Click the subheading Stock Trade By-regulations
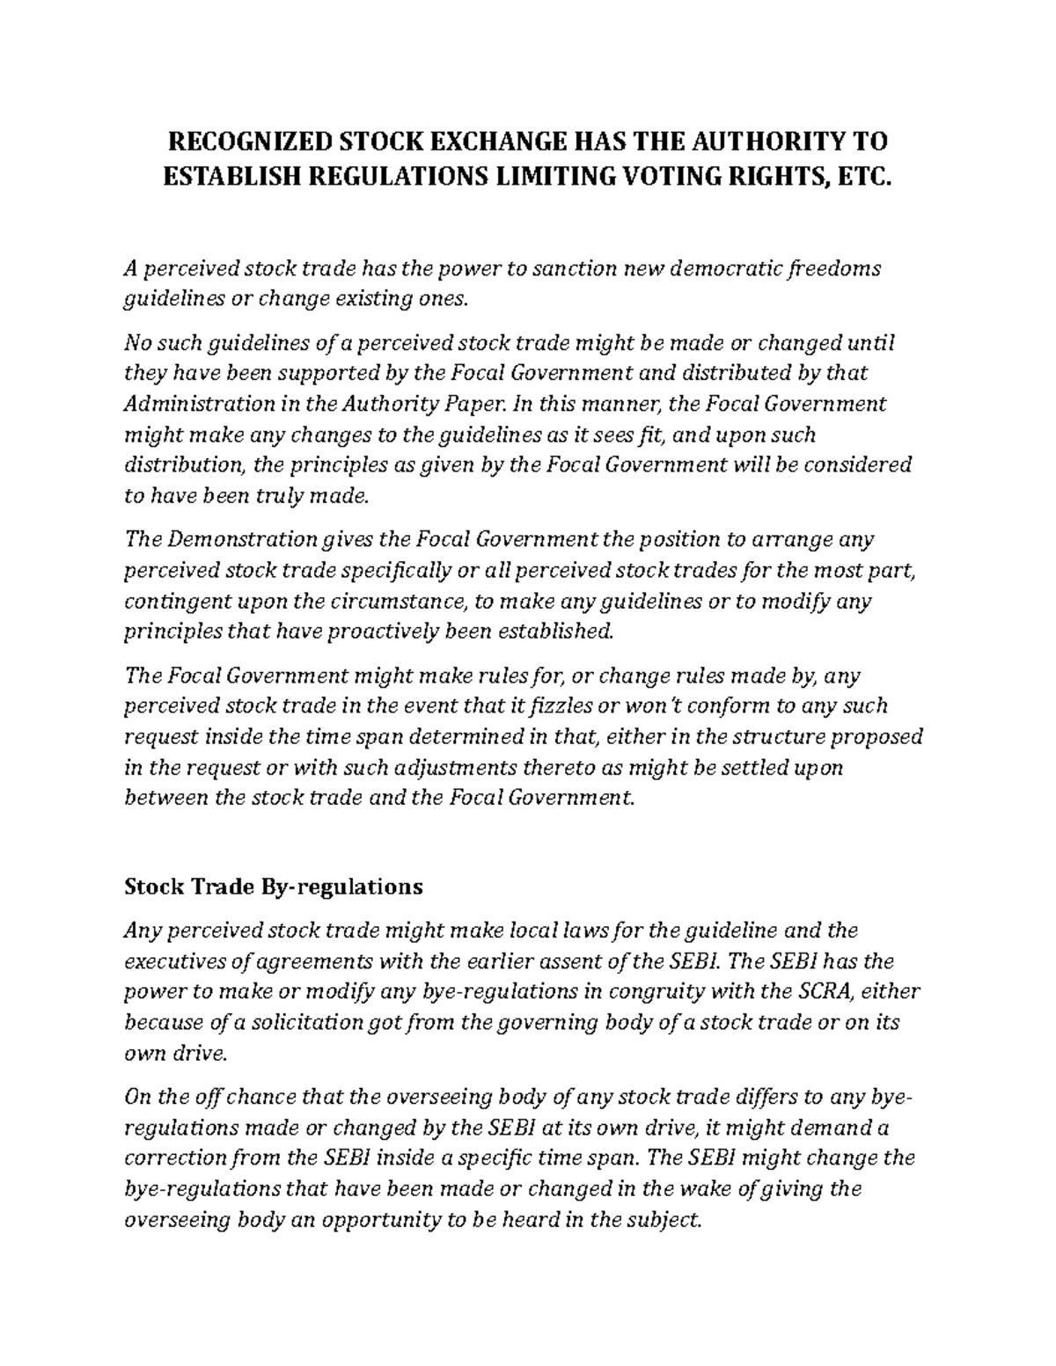tap(273, 887)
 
